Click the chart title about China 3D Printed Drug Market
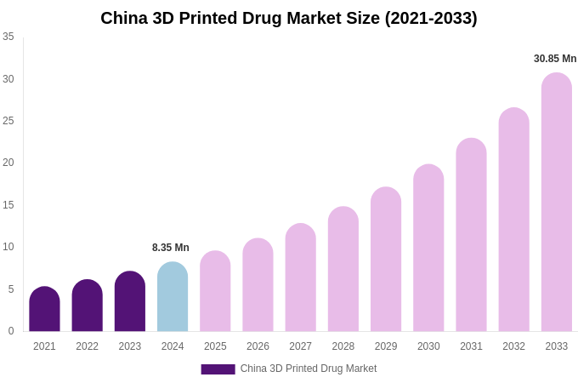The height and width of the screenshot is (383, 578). [x=289, y=18]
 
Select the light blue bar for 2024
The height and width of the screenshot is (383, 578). [x=173, y=297]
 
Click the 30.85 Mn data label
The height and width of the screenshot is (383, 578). [x=555, y=59]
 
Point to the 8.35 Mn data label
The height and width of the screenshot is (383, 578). [x=171, y=248]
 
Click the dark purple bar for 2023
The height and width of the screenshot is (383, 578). [x=130, y=301]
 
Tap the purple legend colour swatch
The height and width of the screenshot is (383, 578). [x=218, y=369]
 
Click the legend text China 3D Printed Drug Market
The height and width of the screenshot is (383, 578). [x=309, y=369]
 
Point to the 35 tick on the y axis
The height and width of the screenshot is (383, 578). [x=8, y=37]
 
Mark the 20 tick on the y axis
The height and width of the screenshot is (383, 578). [x=8, y=163]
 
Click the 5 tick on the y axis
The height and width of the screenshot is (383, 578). [x=11, y=289]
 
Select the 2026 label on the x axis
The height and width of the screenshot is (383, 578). [x=258, y=346]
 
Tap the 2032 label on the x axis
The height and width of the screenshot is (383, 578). [x=513, y=346]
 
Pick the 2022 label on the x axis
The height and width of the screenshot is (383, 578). [x=87, y=346]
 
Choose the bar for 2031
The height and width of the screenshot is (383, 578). [x=471, y=235]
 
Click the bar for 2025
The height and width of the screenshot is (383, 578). [x=215, y=291]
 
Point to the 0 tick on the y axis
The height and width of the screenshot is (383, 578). [x=11, y=331]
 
